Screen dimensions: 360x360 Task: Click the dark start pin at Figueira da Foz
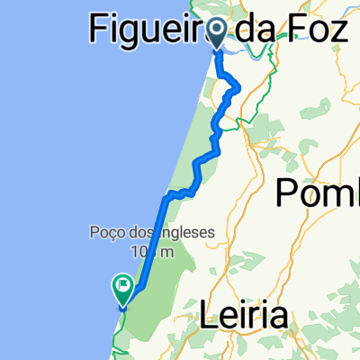click(x=218, y=33)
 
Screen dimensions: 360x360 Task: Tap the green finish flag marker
click(x=122, y=289)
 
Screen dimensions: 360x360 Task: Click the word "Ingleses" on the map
click(x=186, y=232)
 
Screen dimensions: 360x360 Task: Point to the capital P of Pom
click(x=287, y=193)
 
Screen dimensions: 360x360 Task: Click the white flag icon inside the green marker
click(x=122, y=287)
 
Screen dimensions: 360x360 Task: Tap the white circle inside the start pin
click(x=218, y=31)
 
